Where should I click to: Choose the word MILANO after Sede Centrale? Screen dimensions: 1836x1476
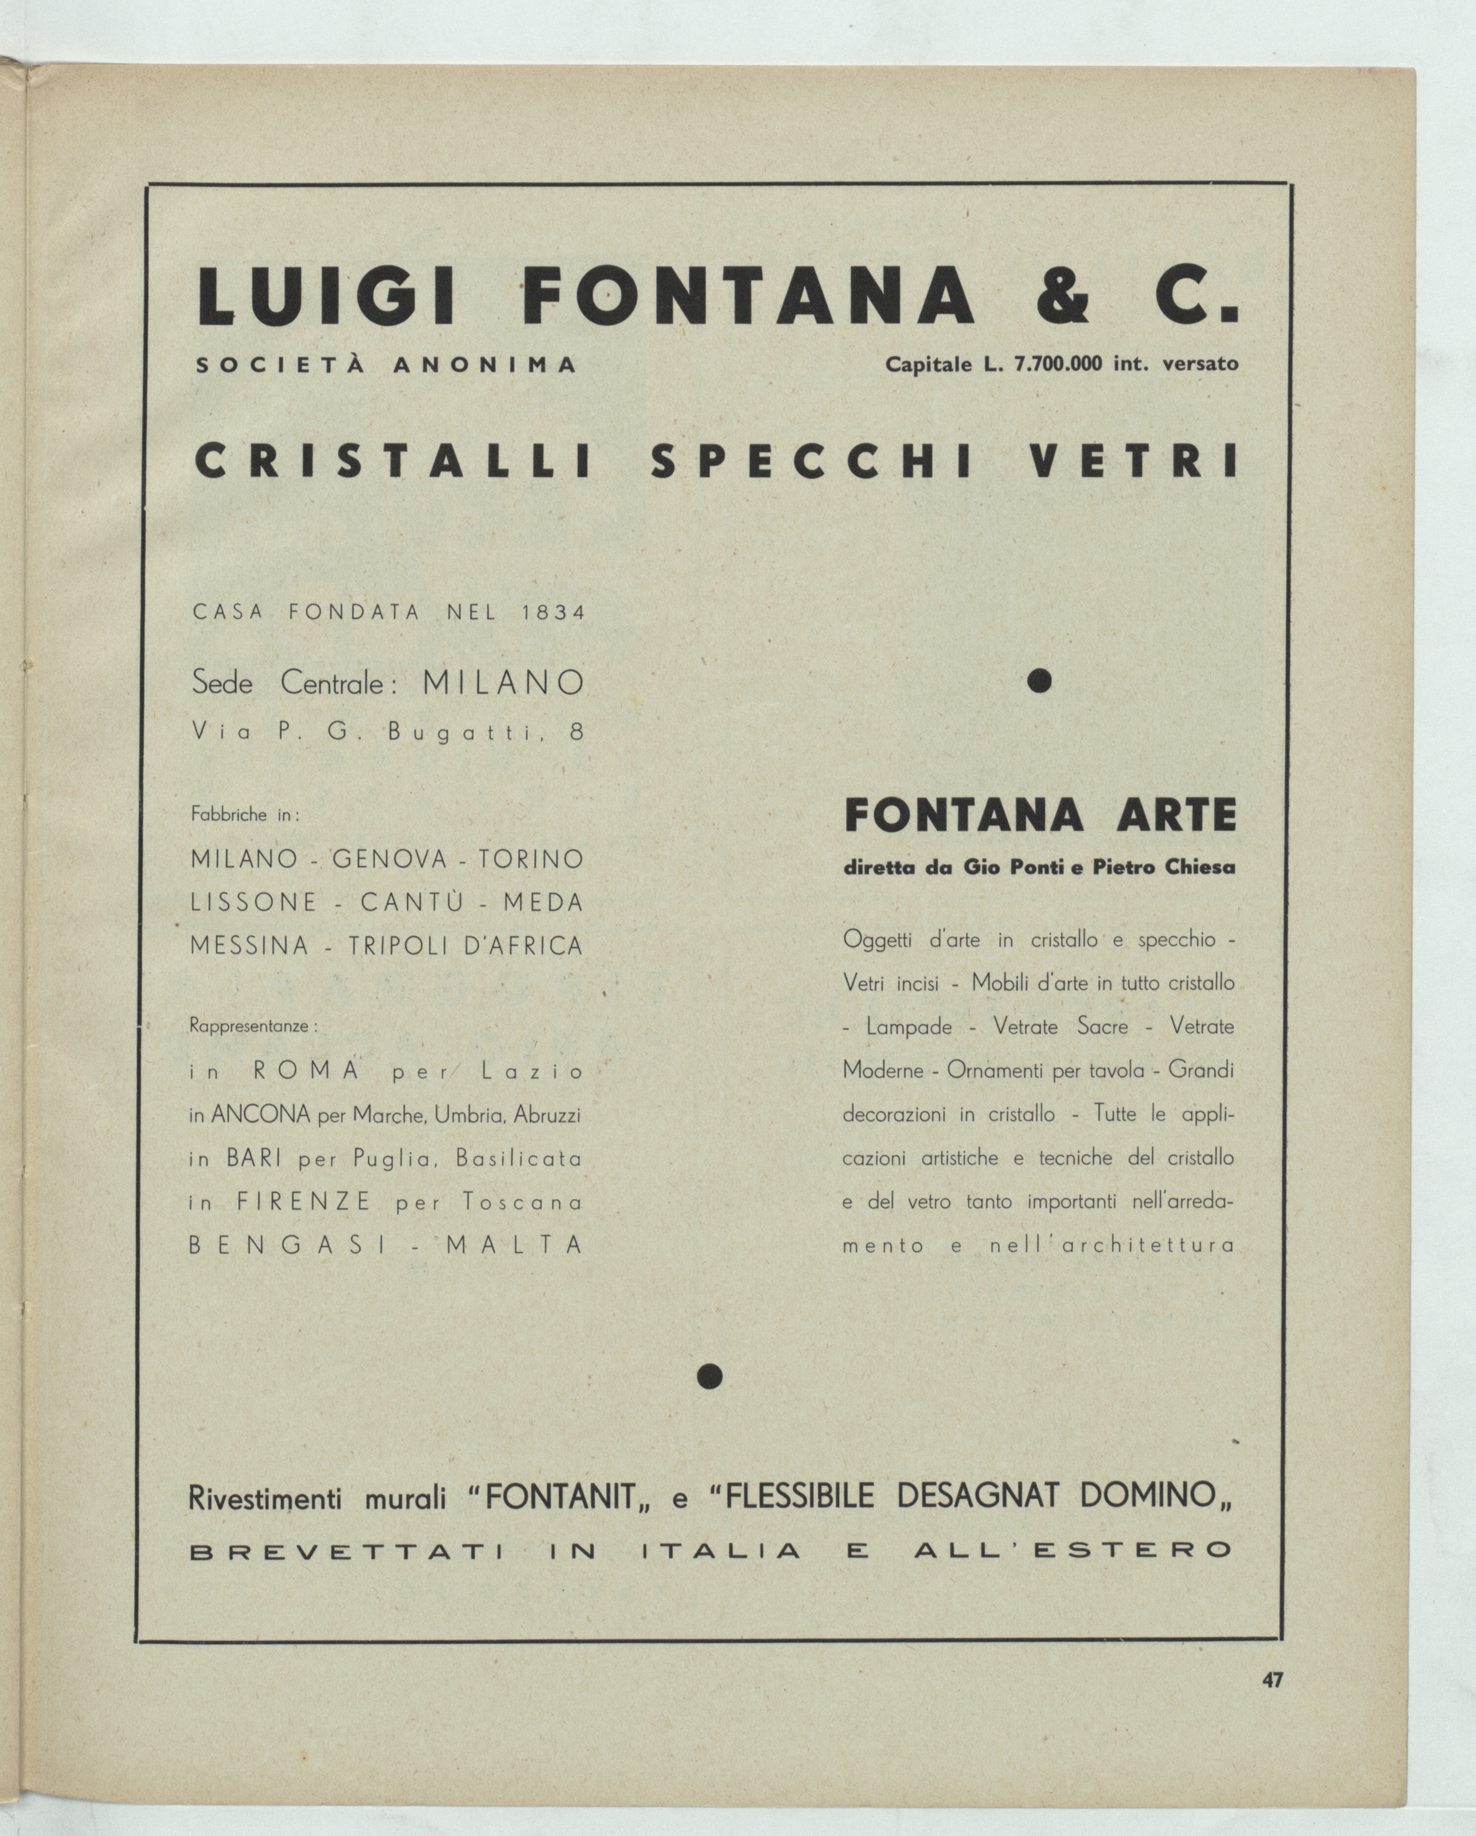504,683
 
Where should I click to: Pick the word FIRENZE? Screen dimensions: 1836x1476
304,1203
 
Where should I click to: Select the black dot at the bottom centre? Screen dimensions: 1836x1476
709,1377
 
